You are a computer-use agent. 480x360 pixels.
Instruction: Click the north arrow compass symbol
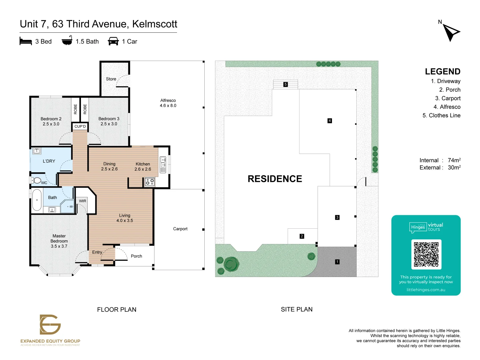(451, 32)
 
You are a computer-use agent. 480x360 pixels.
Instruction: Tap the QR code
(426, 254)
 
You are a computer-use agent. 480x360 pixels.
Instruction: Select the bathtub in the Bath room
(37, 200)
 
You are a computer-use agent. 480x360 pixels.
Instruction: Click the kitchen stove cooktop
(150, 182)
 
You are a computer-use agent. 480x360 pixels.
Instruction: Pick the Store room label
(111, 79)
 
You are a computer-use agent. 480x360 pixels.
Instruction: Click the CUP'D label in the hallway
(80, 126)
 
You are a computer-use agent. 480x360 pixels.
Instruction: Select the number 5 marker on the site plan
(285, 84)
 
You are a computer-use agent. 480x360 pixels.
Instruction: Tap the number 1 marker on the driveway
(337, 262)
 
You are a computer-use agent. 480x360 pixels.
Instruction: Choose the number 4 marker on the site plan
(330, 121)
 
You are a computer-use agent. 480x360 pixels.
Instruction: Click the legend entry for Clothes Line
(441, 115)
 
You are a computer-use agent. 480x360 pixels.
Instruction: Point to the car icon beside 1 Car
(113, 41)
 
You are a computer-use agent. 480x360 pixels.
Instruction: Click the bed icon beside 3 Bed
(26, 41)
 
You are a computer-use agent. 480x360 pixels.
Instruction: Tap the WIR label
(82, 201)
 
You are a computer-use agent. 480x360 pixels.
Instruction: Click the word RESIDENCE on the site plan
(275, 179)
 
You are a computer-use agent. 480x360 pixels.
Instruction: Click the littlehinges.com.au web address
(426, 290)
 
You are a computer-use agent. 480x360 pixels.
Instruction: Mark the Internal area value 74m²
(454, 160)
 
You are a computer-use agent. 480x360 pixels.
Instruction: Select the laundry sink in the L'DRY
(37, 151)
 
